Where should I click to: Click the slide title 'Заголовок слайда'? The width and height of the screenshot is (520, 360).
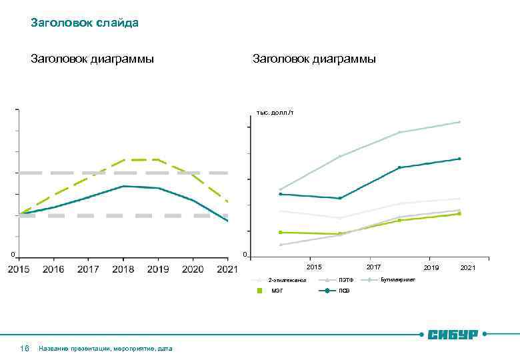[x=85, y=23]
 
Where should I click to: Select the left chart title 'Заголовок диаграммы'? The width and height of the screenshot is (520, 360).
[x=92, y=59]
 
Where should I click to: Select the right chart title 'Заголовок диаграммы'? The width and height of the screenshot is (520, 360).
[x=314, y=59]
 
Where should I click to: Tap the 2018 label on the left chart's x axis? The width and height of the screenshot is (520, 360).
[x=123, y=269]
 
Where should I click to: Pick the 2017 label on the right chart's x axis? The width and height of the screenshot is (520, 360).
[x=374, y=267]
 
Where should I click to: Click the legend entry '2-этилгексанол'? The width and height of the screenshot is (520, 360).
[x=287, y=280]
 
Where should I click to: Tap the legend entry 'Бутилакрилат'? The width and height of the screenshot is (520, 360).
[x=397, y=279]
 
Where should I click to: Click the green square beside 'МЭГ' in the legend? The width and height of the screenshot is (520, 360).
[x=261, y=291]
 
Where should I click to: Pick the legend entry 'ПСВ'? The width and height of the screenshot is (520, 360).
[x=344, y=291]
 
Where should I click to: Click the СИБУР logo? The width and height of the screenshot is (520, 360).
[x=453, y=333]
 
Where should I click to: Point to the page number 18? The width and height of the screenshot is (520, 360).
[x=25, y=348]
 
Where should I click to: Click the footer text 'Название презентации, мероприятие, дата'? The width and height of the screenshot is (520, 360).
[x=105, y=348]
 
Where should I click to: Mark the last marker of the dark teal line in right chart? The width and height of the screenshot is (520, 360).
[x=459, y=159]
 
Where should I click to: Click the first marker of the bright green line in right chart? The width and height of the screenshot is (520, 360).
[x=281, y=232]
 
